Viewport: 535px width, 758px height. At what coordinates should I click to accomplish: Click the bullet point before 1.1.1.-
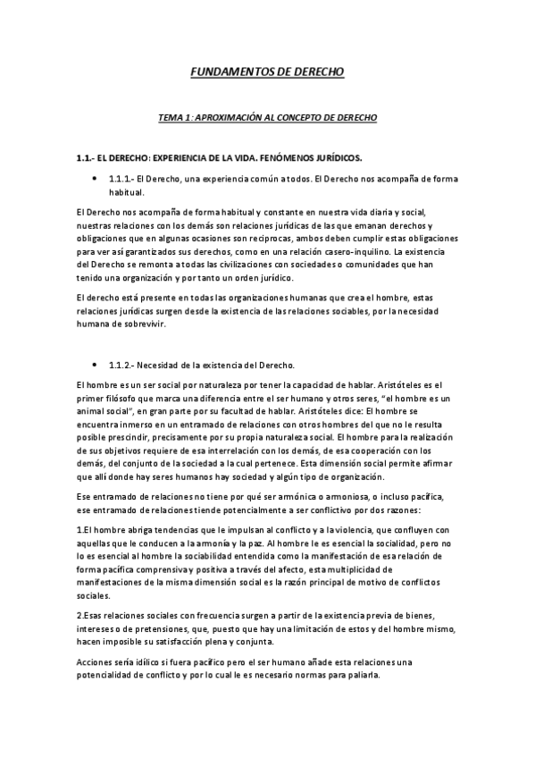click(95, 179)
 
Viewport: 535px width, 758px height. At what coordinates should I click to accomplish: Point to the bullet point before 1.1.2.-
click(95, 365)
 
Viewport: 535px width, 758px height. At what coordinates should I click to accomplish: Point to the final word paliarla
click(361, 675)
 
